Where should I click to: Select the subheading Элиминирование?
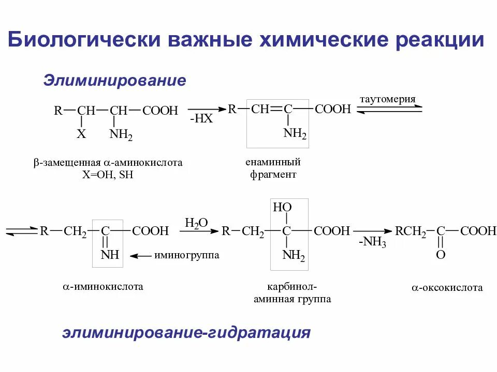pyautogui.click(x=114, y=81)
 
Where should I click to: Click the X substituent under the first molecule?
pyautogui.click(x=81, y=135)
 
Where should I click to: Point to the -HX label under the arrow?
pyautogui.click(x=201, y=119)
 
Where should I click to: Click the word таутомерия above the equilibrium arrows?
pyautogui.click(x=388, y=99)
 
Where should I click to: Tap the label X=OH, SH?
pyautogui.click(x=108, y=175)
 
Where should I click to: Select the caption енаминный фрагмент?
pyautogui.click(x=273, y=168)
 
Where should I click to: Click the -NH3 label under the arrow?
pyautogui.click(x=372, y=243)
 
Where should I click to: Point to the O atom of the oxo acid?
pyautogui.click(x=441, y=255)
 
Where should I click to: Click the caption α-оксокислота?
pyautogui.click(x=447, y=288)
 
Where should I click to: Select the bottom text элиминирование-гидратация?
pyautogui.click(x=186, y=332)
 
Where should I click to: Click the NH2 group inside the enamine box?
pyautogui.click(x=295, y=135)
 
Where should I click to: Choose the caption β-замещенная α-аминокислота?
pyautogui.click(x=108, y=163)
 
